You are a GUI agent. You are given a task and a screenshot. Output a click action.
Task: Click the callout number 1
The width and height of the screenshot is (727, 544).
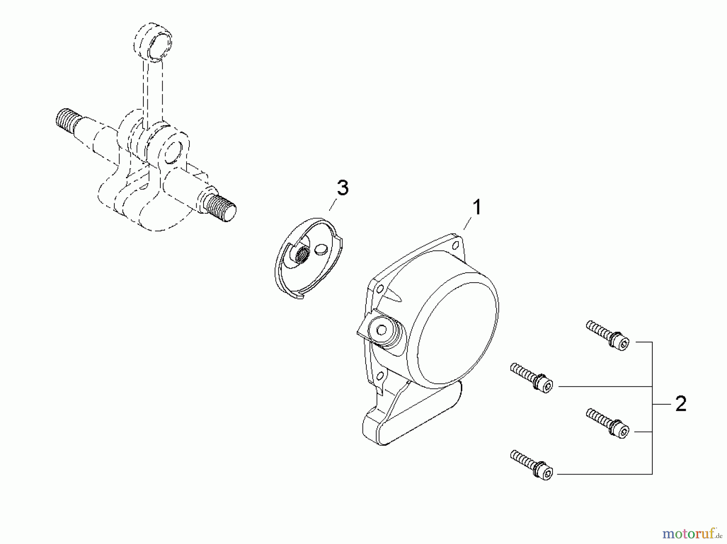point(477,208)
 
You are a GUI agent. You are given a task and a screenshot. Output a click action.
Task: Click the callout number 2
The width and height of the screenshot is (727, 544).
point(681,404)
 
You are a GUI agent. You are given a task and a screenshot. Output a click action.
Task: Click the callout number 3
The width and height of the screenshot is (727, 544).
point(342,188)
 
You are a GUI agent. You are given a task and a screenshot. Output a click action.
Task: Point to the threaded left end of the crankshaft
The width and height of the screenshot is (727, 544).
point(65,120)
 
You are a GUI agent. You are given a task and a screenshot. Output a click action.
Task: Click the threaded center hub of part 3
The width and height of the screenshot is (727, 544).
point(301,256)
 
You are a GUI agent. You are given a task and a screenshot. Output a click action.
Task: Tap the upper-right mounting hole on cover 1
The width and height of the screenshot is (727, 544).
point(456,245)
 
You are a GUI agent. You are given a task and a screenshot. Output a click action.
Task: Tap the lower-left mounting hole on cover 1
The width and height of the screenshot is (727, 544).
point(378,376)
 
